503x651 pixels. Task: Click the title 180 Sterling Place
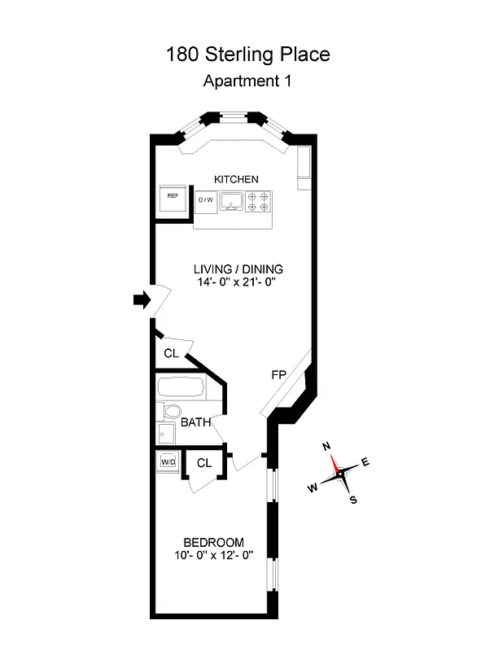click(247, 55)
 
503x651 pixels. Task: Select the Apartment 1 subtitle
click(247, 81)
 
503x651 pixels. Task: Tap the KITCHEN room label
click(236, 179)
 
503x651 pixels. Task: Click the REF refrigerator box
click(173, 196)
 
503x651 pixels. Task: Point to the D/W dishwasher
click(205, 199)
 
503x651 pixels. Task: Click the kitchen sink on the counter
click(232, 200)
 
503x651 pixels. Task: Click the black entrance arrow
click(142, 300)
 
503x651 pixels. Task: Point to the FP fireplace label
click(278, 375)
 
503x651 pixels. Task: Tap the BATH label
click(195, 422)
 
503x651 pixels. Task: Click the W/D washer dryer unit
click(168, 461)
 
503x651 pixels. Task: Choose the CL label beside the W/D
click(203, 463)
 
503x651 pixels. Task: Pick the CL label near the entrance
click(171, 353)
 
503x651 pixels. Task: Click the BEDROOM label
click(213, 543)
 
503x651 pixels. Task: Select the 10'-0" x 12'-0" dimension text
click(213, 557)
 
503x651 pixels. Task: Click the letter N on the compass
click(326, 446)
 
